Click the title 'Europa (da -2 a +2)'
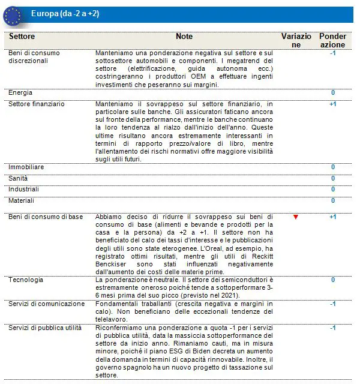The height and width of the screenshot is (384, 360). pos(66,14)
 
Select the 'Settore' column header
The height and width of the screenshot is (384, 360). pos(22,37)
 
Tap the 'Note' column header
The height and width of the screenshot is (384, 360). pos(184,37)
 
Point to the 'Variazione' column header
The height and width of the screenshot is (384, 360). pos(296,40)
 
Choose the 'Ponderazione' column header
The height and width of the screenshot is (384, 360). pos(332,40)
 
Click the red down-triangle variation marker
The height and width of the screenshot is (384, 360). pos(295,217)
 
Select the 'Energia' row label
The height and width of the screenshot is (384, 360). pos(21,93)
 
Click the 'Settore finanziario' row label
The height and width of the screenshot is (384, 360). pos(36,104)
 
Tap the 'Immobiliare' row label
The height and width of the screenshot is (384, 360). pos(26,167)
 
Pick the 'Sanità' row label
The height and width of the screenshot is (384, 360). pos(18,178)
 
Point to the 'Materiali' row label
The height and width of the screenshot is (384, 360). pos(22,200)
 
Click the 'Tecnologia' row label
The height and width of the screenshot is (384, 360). pos(26,280)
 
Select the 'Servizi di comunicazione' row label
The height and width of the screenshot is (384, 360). pos(47,304)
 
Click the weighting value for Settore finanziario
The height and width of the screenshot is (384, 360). pos(332,104)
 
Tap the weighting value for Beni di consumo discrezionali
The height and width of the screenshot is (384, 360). pos(332,53)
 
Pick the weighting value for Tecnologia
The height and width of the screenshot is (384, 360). pos(333,280)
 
